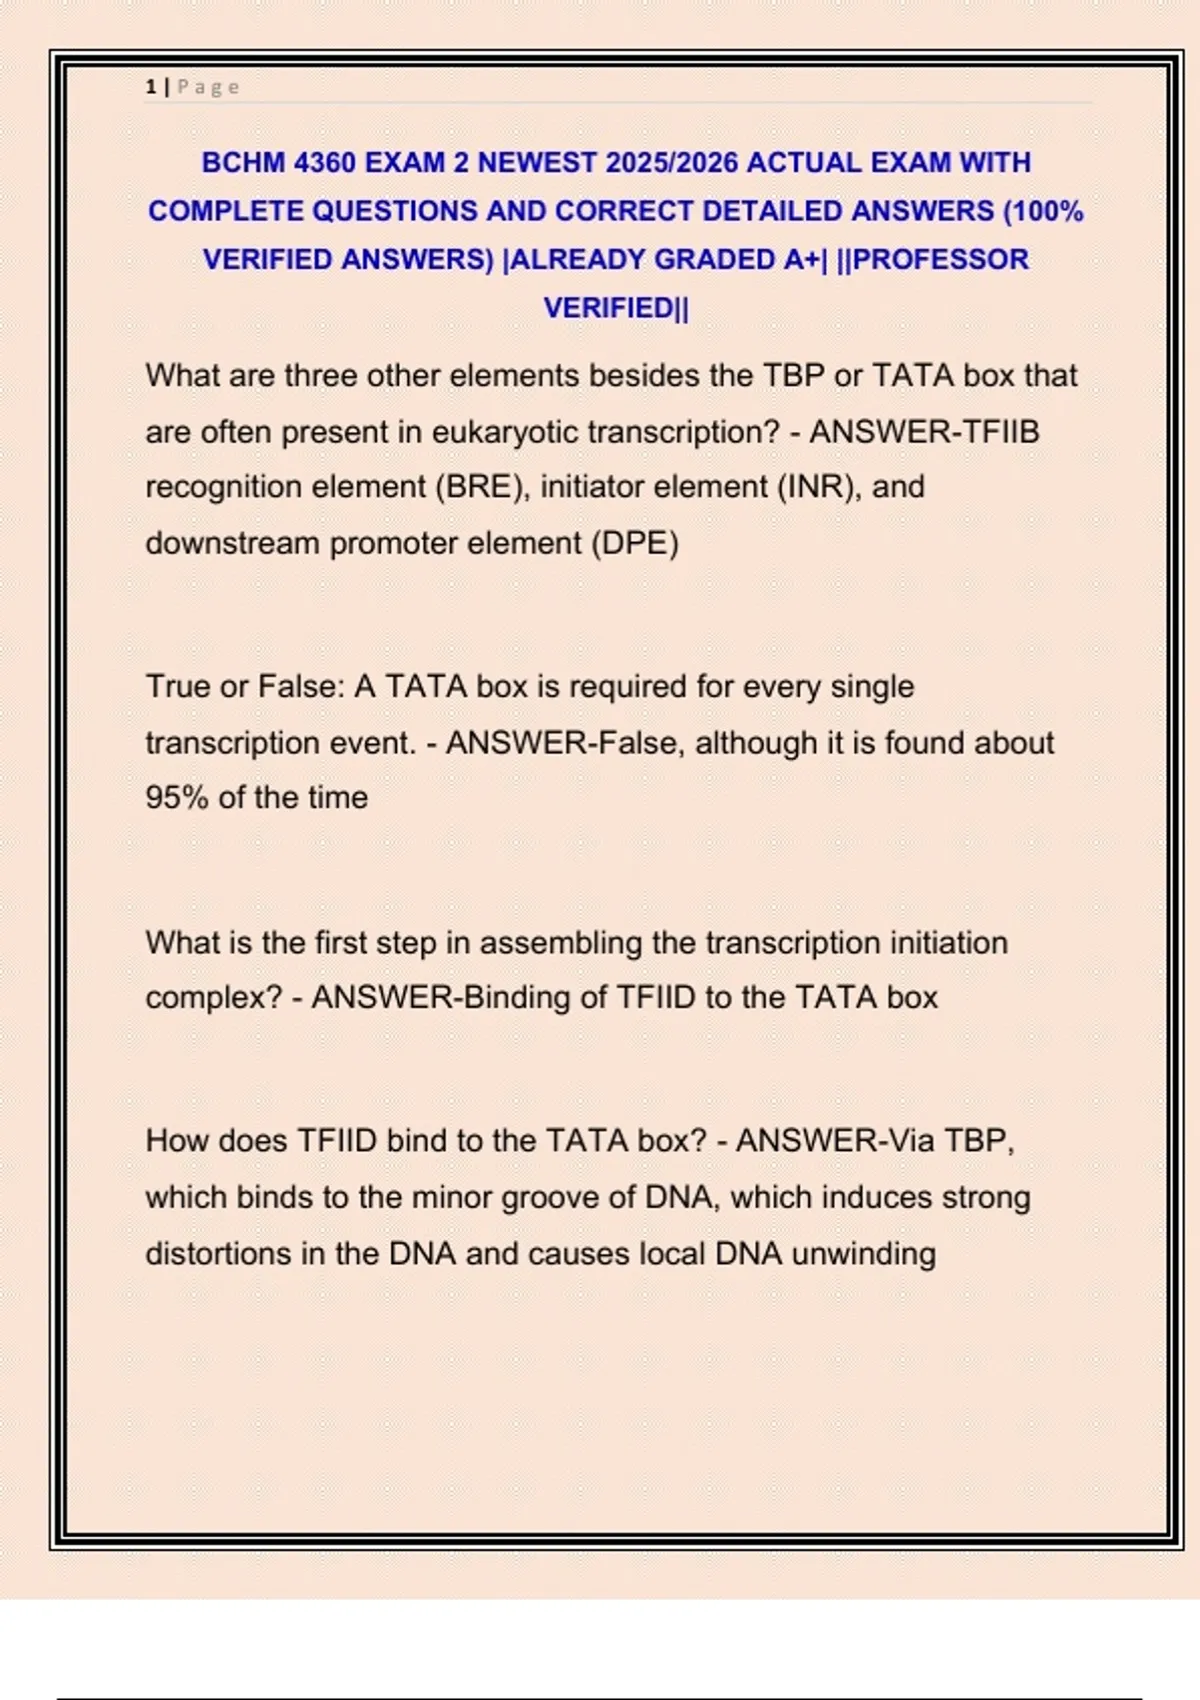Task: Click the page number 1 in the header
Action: coord(150,87)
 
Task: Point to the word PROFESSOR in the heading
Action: coord(941,260)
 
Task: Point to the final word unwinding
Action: coord(864,1254)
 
